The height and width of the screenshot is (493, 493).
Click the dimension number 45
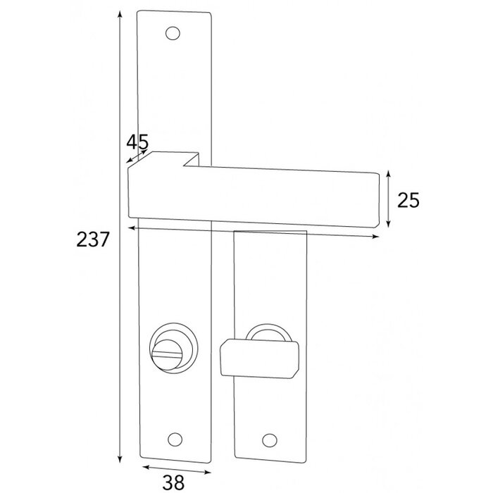click(x=137, y=141)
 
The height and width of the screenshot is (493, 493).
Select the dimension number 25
click(x=408, y=201)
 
